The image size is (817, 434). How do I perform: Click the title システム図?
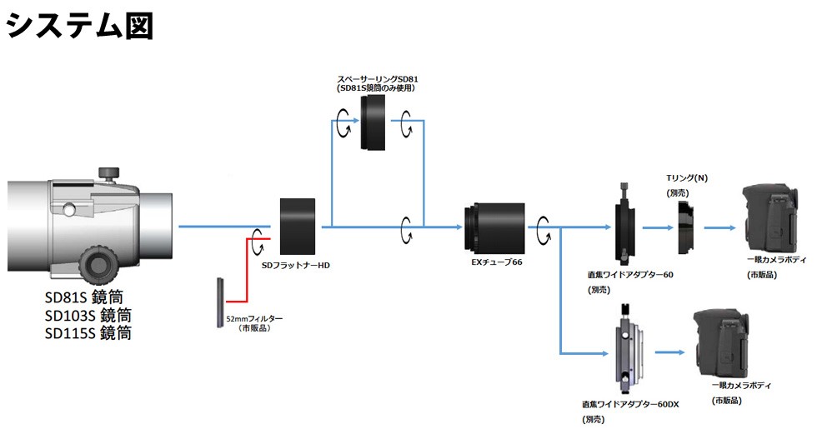[x=80, y=25]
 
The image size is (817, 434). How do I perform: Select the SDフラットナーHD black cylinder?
[x=298, y=226]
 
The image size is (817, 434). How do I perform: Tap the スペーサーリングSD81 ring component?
[x=373, y=123]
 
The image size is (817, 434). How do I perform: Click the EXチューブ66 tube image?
[x=494, y=226]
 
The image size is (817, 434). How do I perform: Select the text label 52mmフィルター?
[x=255, y=319]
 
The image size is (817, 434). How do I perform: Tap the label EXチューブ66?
[x=497, y=263]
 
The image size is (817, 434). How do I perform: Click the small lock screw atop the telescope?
[x=108, y=173]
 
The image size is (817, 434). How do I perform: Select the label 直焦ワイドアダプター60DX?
[x=631, y=404]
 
